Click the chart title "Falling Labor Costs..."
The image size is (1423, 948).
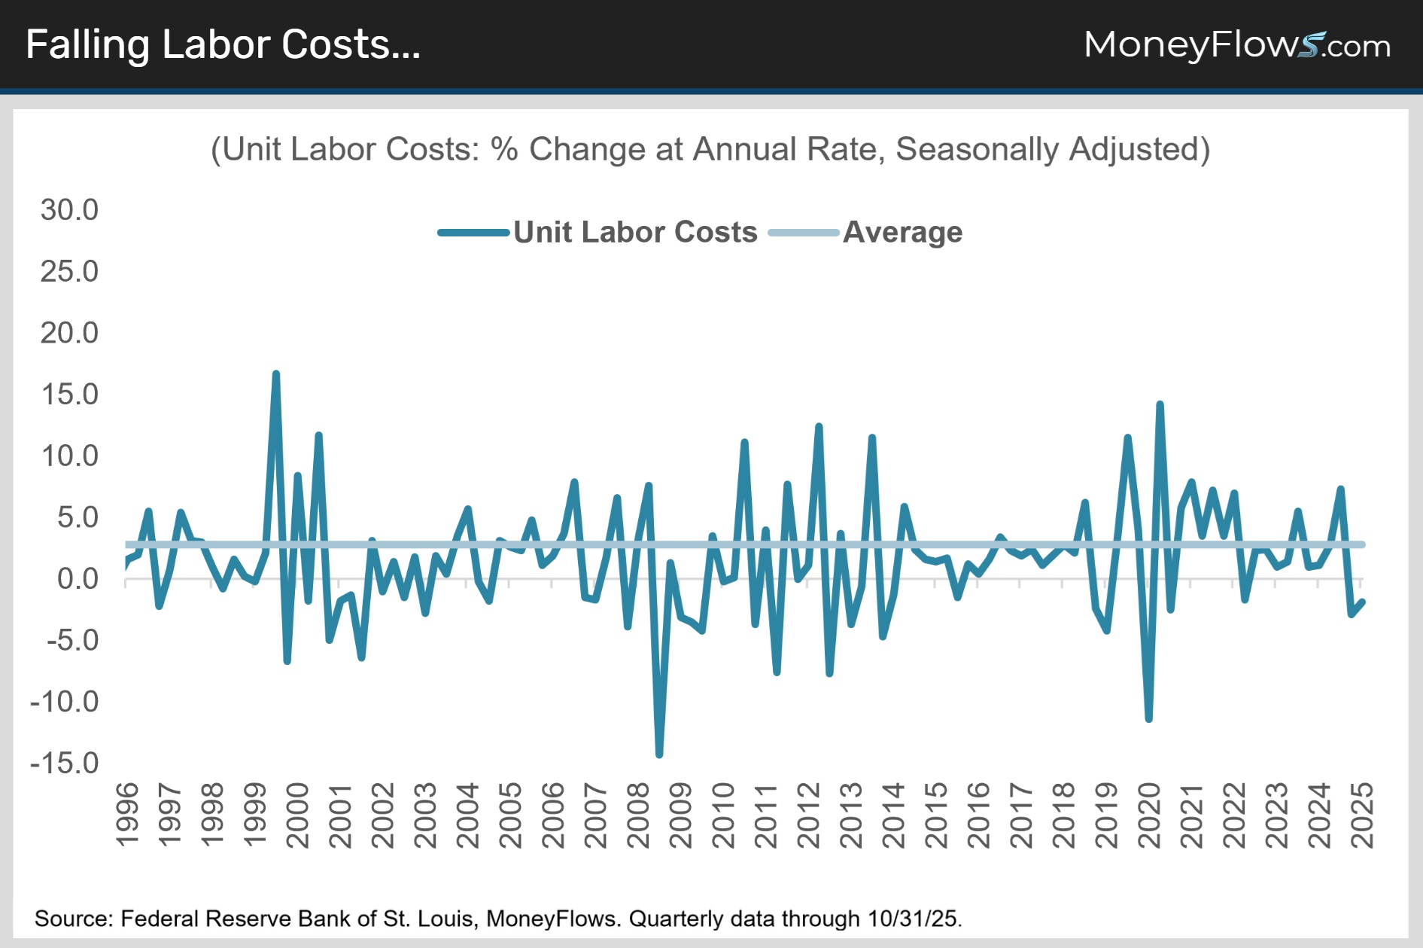[223, 45]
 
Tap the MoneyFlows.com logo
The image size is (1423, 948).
[1236, 45]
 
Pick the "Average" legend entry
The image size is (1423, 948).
[902, 233]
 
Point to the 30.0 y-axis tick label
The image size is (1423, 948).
[69, 210]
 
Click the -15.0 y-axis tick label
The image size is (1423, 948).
[65, 763]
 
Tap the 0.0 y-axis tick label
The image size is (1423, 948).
[78, 579]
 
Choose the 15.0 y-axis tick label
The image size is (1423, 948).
[69, 395]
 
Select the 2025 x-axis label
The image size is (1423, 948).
[1363, 815]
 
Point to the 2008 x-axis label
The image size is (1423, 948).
[638, 815]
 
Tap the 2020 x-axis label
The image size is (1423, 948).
[1150, 815]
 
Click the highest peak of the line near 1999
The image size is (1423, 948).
[276, 373]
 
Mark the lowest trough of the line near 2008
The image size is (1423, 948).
[659, 754]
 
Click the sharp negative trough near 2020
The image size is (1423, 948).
[1148, 719]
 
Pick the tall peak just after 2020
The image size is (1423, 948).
[1160, 404]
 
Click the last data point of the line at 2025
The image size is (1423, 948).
[1362, 602]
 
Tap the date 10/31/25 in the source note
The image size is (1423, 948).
[914, 919]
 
